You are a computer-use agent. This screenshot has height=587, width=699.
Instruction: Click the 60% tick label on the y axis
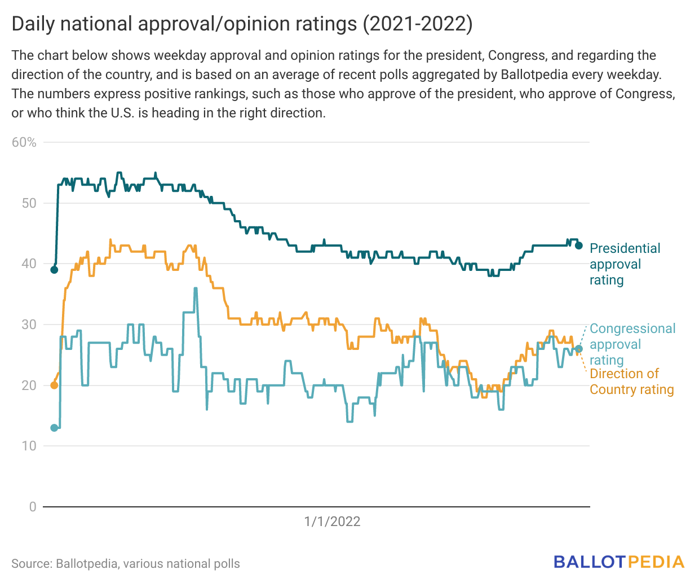24,142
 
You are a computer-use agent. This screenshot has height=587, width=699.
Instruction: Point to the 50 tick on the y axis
29,203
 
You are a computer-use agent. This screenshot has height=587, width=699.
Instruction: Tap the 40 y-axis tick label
29,264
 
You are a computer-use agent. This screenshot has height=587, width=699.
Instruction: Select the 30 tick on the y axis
29,325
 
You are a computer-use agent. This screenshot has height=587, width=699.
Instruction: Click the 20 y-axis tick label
29,386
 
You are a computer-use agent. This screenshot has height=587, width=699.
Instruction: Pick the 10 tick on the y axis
29,446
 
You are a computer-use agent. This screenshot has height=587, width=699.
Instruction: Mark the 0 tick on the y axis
33,507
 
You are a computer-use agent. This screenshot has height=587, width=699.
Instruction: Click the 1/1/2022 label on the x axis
332,522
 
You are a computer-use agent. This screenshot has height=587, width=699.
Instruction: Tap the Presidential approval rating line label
625,264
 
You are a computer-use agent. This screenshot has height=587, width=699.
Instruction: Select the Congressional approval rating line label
632,344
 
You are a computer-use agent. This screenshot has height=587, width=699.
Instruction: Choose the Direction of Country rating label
631,382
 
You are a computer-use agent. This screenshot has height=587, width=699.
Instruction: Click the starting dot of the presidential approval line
54,270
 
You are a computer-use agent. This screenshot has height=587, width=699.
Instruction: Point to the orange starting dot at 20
54,386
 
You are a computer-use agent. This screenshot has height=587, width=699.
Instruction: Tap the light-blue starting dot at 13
54,428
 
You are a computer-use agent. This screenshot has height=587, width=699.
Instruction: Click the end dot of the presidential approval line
578,246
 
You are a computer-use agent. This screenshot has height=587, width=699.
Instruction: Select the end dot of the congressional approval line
578,349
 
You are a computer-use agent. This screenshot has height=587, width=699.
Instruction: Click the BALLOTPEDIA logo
618,562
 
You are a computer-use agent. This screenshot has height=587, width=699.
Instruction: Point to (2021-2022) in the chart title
417,24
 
